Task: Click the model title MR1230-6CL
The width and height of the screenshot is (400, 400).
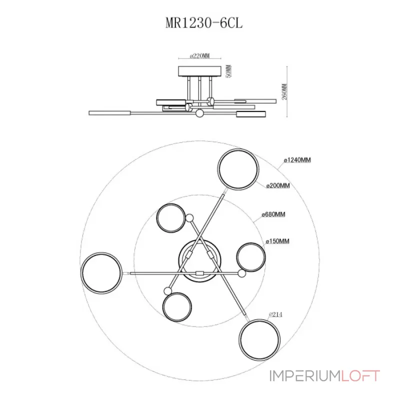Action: [x=204, y=23]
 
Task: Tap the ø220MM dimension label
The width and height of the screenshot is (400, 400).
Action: [x=199, y=55]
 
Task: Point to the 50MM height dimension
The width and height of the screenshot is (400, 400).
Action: [x=229, y=71]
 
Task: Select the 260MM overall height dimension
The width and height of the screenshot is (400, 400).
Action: [x=284, y=91]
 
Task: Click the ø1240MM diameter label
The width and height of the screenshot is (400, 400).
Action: [x=297, y=160]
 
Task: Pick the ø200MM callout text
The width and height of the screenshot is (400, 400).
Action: [x=278, y=185]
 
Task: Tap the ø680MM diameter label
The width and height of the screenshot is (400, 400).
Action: [x=273, y=214]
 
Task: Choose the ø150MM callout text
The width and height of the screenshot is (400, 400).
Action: [x=277, y=241]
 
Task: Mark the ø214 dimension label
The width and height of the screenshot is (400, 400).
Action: [x=275, y=314]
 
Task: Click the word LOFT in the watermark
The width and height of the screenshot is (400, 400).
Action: [x=360, y=376]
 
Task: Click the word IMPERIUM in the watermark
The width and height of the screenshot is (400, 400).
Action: [x=304, y=376]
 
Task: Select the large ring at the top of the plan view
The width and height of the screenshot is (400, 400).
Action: [x=238, y=149]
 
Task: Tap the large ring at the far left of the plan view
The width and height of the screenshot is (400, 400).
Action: [x=101, y=253]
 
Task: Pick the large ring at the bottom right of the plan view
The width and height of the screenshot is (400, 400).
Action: [x=259, y=320]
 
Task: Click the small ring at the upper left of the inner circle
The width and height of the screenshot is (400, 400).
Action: [x=171, y=204]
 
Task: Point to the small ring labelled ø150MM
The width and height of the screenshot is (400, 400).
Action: [x=251, y=243]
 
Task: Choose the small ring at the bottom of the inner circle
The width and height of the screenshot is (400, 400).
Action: [x=177, y=292]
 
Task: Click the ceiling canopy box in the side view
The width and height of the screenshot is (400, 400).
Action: [x=199, y=71]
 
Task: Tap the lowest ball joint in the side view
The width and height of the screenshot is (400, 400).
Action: [x=199, y=113]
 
